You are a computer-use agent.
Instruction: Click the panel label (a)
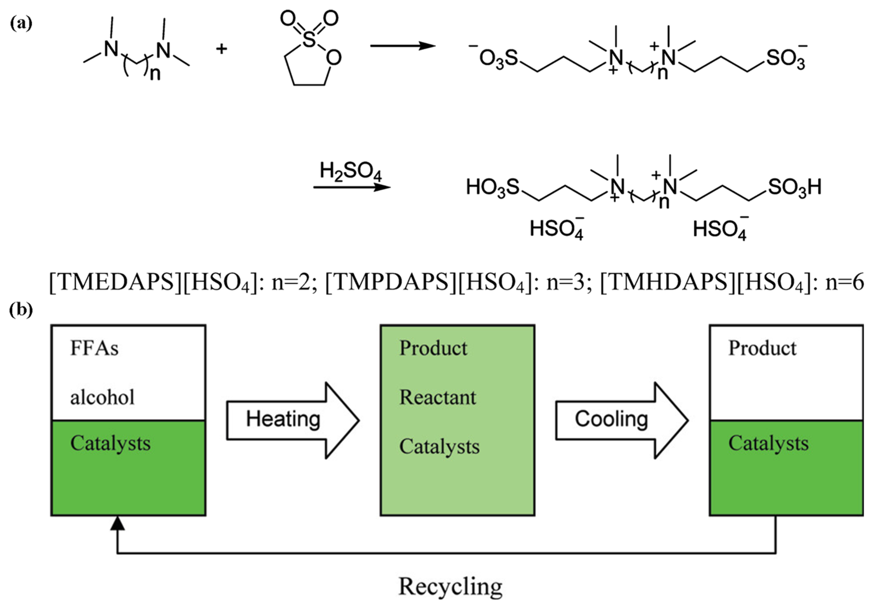(x=21, y=23)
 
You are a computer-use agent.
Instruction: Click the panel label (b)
(x=21, y=309)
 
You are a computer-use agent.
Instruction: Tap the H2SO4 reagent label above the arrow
(x=350, y=171)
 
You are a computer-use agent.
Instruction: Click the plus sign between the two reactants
(x=221, y=48)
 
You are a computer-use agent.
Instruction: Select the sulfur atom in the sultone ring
(x=309, y=39)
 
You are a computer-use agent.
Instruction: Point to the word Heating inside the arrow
(x=283, y=419)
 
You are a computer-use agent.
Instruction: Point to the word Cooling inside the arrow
(x=611, y=419)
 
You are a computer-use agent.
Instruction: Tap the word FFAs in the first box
(x=94, y=348)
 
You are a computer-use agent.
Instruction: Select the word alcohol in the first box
(x=102, y=398)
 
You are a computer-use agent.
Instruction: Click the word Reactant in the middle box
(x=438, y=398)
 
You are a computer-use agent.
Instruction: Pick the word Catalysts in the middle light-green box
(x=439, y=447)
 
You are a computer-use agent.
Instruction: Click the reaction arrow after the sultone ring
(x=403, y=46)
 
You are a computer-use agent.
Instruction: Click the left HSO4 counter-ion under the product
(x=557, y=229)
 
